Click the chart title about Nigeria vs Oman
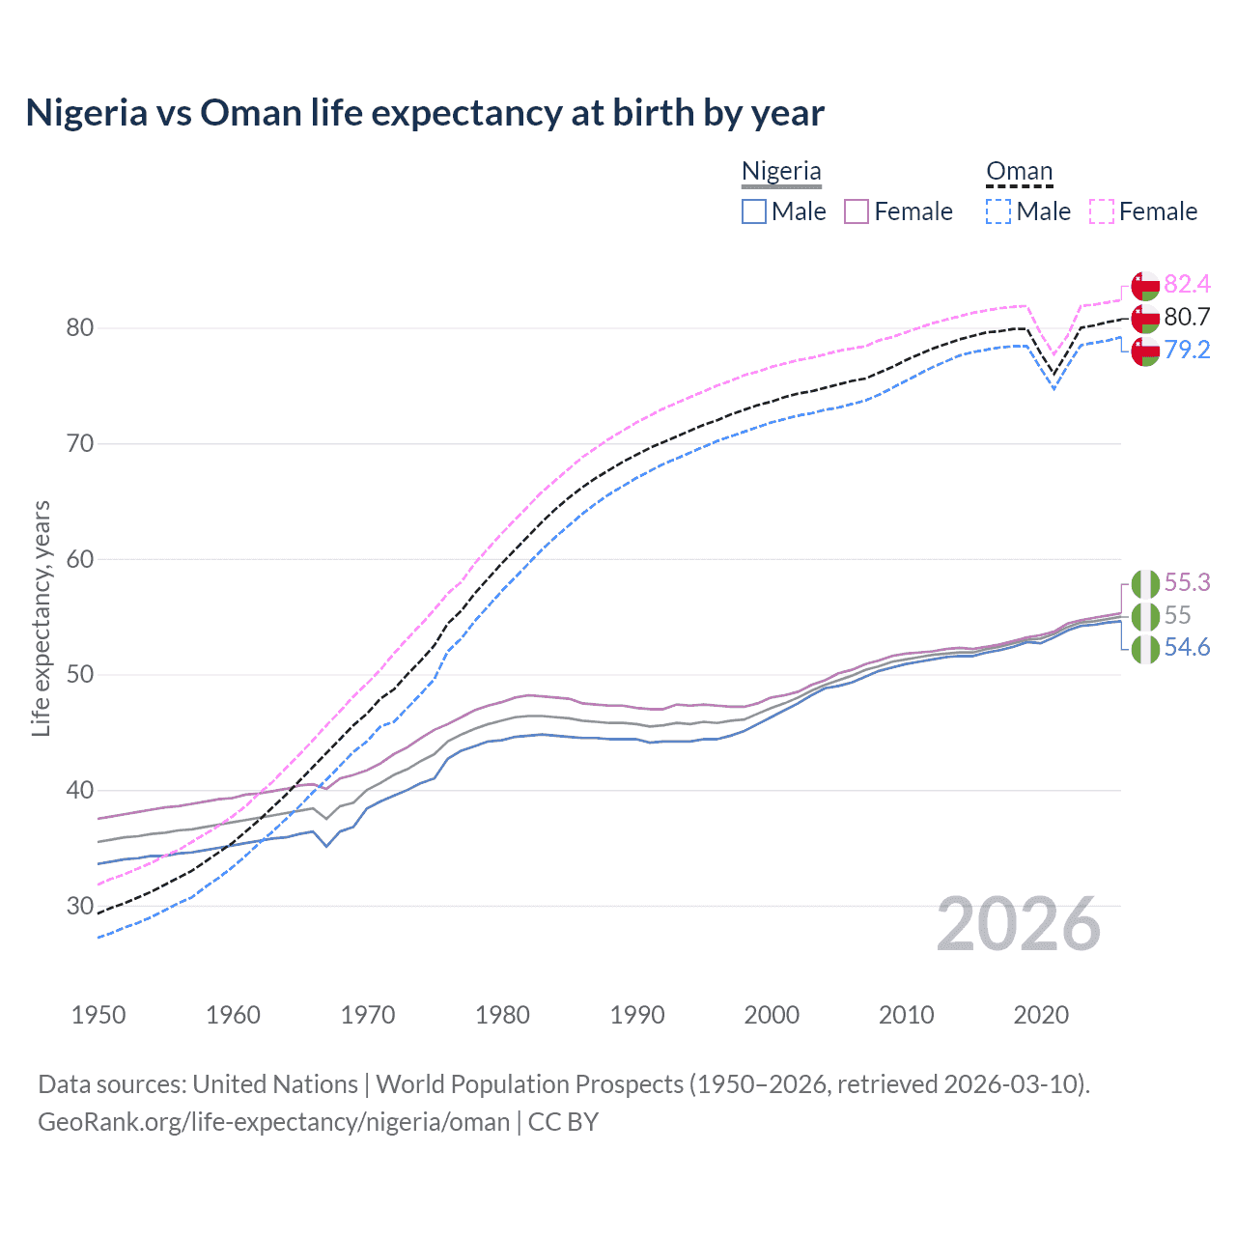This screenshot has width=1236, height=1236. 425,113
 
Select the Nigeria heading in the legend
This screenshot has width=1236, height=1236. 781,171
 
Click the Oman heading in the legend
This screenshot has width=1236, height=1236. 1019,171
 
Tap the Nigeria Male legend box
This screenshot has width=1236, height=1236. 754,211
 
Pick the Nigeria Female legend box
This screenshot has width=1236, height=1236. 857,211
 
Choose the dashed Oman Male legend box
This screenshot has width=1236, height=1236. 998,211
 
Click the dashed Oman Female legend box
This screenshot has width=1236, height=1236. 1102,211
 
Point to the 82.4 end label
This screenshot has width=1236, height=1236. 1187,284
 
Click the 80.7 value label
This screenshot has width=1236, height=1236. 1187,317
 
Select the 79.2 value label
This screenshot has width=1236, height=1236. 1187,350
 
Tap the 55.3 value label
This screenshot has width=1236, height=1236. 1187,582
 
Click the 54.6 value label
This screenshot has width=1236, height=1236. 1187,647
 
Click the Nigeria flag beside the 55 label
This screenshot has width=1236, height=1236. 1145,616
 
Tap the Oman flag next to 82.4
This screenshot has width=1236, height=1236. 1145,286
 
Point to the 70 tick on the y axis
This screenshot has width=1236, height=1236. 80,444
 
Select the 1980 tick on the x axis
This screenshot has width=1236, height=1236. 502,1015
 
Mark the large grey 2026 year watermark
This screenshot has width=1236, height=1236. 1018,924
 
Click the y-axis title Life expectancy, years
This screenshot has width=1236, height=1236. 42,618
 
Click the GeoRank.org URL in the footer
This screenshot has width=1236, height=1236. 273,1121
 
